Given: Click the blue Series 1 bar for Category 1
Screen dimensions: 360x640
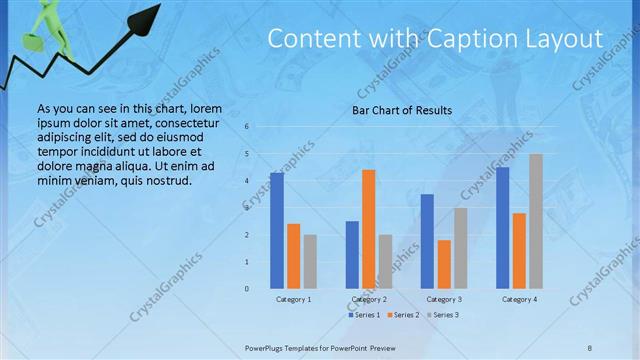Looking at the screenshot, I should coord(276,230).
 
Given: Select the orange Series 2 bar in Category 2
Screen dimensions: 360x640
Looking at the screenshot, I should coord(368,229).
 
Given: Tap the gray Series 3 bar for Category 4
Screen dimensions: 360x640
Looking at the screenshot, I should coord(536,221).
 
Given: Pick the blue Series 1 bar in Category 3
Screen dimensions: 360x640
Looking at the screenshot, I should coord(427,241).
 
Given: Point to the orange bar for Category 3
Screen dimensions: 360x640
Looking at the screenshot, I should coord(444,264).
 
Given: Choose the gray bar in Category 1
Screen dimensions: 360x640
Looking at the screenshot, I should coord(310,261).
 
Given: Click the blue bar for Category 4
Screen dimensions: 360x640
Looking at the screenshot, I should coord(502,227).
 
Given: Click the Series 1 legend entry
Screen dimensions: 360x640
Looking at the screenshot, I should coord(365,315).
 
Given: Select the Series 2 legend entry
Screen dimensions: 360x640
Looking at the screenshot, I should coord(403,315).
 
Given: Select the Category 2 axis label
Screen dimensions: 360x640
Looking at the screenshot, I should coord(369,299).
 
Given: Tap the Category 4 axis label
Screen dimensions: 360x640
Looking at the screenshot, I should coord(519,299).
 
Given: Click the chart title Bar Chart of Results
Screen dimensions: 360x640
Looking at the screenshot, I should coord(402,110).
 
